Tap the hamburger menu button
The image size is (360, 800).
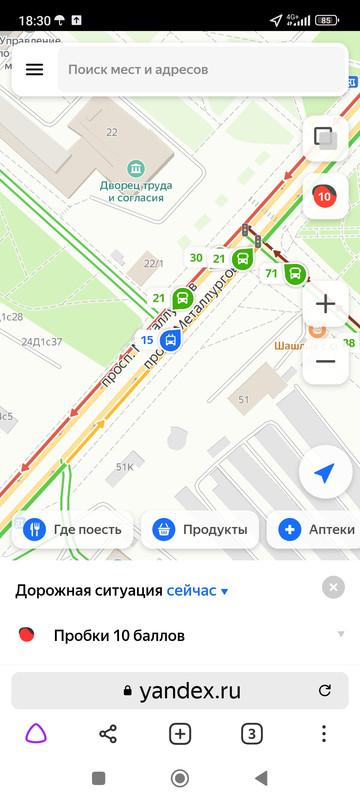tap(35, 69)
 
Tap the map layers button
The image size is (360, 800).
tap(324, 138)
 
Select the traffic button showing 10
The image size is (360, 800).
tap(324, 196)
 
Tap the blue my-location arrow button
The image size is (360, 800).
tap(324, 474)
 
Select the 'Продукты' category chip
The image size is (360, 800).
tap(201, 530)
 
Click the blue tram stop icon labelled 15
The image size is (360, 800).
tap(171, 341)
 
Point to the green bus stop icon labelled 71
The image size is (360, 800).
tap(295, 273)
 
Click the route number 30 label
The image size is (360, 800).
tap(196, 258)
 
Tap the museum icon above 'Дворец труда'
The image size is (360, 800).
tap(135, 167)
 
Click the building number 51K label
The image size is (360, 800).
tap(125, 467)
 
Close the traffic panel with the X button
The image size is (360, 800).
tap(334, 588)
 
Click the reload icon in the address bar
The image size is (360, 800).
tap(324, 690)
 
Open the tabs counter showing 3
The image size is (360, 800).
tap(252, 734)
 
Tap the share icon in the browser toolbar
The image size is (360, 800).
tap(108, 734)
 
